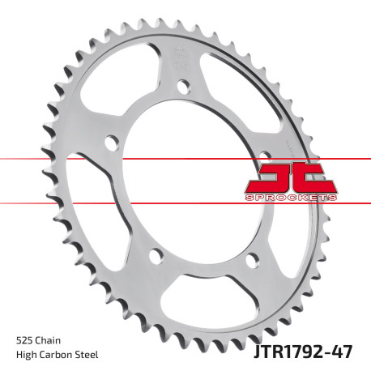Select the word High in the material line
click(x=27, y=353)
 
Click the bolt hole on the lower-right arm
click(x=250, y=258)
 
